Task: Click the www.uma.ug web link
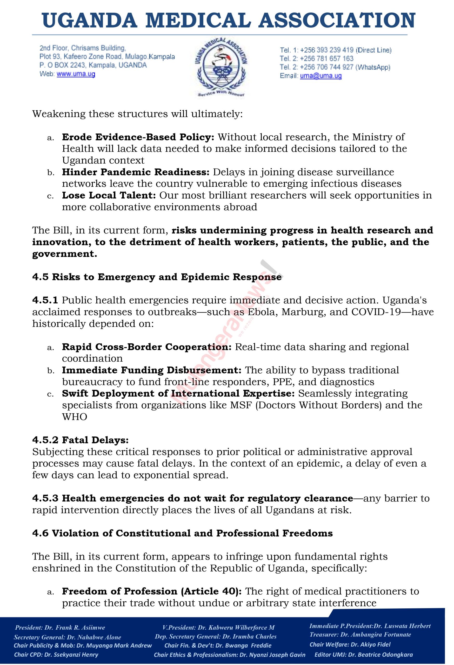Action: [76, 74]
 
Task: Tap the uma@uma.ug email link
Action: [321, 76]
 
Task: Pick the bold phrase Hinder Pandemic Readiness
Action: [136, 172]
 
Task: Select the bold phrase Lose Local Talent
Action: [109, 195]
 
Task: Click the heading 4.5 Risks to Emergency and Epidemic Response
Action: [157, 277]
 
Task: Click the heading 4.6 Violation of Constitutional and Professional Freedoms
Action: [182, 533]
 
